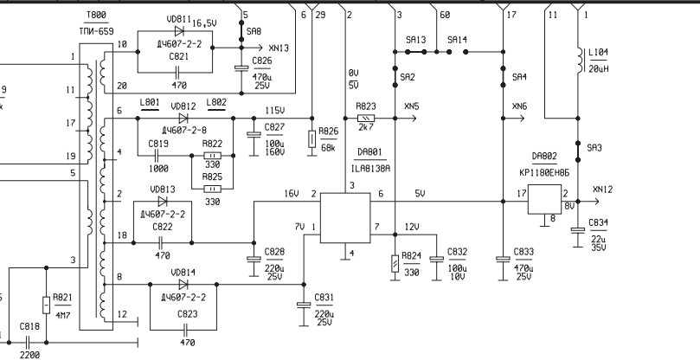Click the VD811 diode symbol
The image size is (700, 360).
[179, 31]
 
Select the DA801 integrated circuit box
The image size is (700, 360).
[345, 218]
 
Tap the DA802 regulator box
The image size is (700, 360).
[544, 199]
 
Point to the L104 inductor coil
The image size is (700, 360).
[581, 60]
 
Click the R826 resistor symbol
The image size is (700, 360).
[311, 139]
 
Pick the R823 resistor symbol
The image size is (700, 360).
[366, 119]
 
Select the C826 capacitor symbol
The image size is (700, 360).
[241, 67]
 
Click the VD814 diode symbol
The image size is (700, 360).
[183, 285]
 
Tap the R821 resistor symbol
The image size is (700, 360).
[46, 305]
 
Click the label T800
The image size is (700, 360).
[96, 16]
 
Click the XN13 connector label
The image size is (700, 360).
[279, 48]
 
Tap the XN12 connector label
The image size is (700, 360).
[603, 190]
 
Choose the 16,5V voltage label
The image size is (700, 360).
[204, 23]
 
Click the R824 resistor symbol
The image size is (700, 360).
[395, 264]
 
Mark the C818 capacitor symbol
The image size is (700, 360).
[27, 343]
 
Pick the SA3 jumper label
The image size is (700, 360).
[594, 148]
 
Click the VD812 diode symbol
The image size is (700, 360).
[183, 119]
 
